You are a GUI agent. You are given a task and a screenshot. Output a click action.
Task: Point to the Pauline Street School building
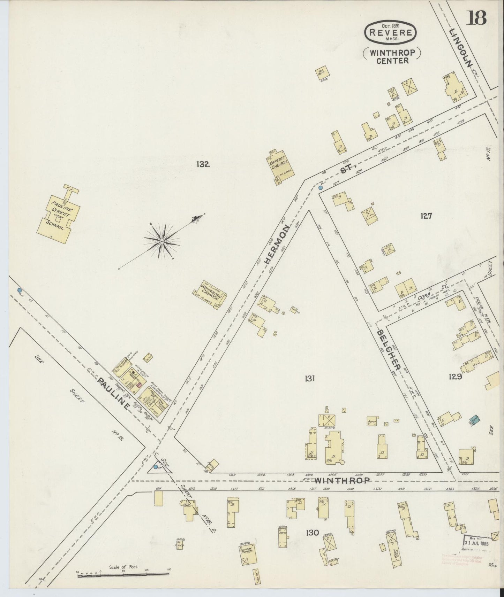tap(58, 217)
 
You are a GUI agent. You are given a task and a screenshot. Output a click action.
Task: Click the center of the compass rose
tap(162, 241)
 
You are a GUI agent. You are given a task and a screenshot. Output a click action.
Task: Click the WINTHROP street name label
tap(342, 481)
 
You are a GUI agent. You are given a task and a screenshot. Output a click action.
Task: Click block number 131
tap(309, 378)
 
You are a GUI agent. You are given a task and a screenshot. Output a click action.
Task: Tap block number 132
tap(203, 164)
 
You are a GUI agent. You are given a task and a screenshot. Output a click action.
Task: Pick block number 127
tap(426, 216)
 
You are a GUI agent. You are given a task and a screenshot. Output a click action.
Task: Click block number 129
tap(456, 377)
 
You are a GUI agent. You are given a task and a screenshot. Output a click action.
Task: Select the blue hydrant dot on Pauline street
tap(20, 290)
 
